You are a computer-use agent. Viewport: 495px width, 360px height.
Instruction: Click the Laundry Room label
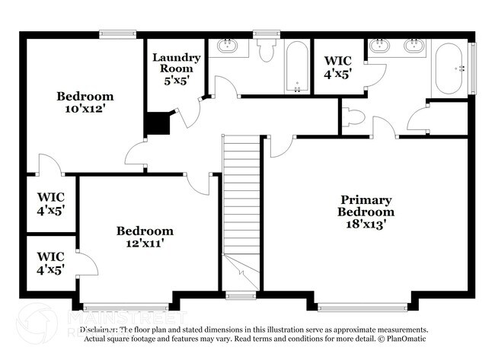click(177, 62)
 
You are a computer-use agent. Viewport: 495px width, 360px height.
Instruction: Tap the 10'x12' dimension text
click(85, 109)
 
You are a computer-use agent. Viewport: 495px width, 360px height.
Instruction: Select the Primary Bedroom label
click(367, 205)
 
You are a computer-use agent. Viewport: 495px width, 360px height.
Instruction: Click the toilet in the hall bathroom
click(267, 50)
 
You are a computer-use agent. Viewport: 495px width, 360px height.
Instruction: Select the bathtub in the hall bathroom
click(297, 67)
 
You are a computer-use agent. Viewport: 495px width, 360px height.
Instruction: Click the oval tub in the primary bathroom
click(449, 69)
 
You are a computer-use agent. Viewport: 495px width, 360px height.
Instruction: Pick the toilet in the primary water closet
click(353, 118)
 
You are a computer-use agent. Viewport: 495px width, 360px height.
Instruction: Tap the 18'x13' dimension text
click(367, 224)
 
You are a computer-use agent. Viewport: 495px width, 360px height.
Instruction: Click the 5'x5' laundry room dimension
click(177, 78)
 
